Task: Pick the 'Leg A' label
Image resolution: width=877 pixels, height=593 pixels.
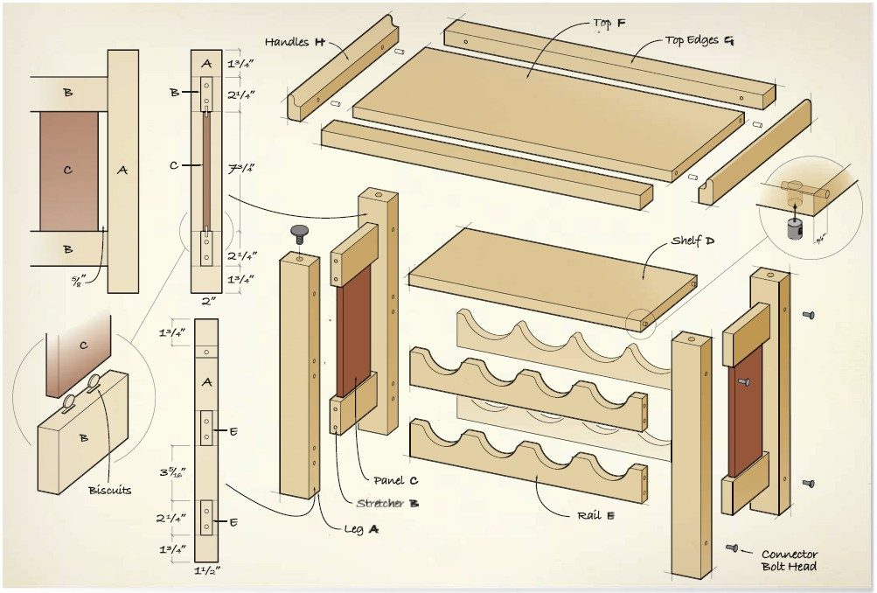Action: tap(362, 528)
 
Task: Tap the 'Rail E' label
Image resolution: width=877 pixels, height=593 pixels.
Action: tap(596, 515)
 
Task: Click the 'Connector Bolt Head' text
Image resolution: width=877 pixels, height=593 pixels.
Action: tap(789, 560)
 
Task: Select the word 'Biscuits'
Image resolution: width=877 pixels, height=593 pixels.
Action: tap(109, 490)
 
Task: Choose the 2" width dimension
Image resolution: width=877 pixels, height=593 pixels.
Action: tap(206, 302)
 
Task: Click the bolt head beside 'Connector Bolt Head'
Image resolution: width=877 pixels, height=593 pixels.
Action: tap(732, 548)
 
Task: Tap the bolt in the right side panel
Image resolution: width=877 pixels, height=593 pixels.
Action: tap(743, 381)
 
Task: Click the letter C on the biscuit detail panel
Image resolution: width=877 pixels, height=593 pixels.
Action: tap(83, 345)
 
